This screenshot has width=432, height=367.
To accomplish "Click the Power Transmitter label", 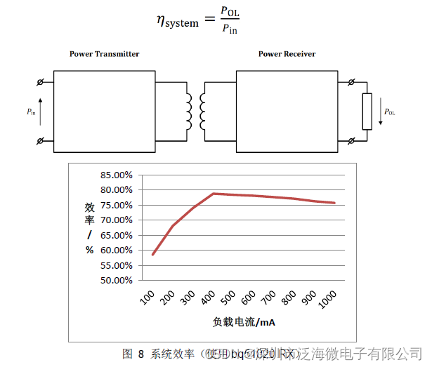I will (104, 54).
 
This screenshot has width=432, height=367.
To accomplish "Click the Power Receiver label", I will (287, 54).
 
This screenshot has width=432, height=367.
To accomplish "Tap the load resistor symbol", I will (367, 112).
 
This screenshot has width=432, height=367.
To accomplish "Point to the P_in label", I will (32, 112).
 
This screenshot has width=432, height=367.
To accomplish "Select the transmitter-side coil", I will (188, 112).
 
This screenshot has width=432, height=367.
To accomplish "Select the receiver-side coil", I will (203, 112).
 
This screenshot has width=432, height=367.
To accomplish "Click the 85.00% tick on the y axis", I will (116, 175).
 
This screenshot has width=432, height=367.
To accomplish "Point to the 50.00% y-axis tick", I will (116, 280).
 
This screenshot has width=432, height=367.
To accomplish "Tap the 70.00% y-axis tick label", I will (116, 220).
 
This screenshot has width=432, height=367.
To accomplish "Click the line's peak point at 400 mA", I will (214, 193).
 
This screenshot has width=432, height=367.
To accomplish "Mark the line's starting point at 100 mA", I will (152, 254).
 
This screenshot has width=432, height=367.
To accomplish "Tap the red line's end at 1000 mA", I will (335, 203).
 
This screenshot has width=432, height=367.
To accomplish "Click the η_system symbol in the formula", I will (178, 21).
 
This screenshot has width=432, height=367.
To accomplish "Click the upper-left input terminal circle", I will (40, 82).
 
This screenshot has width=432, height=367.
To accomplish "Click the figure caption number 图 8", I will (133, 353).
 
